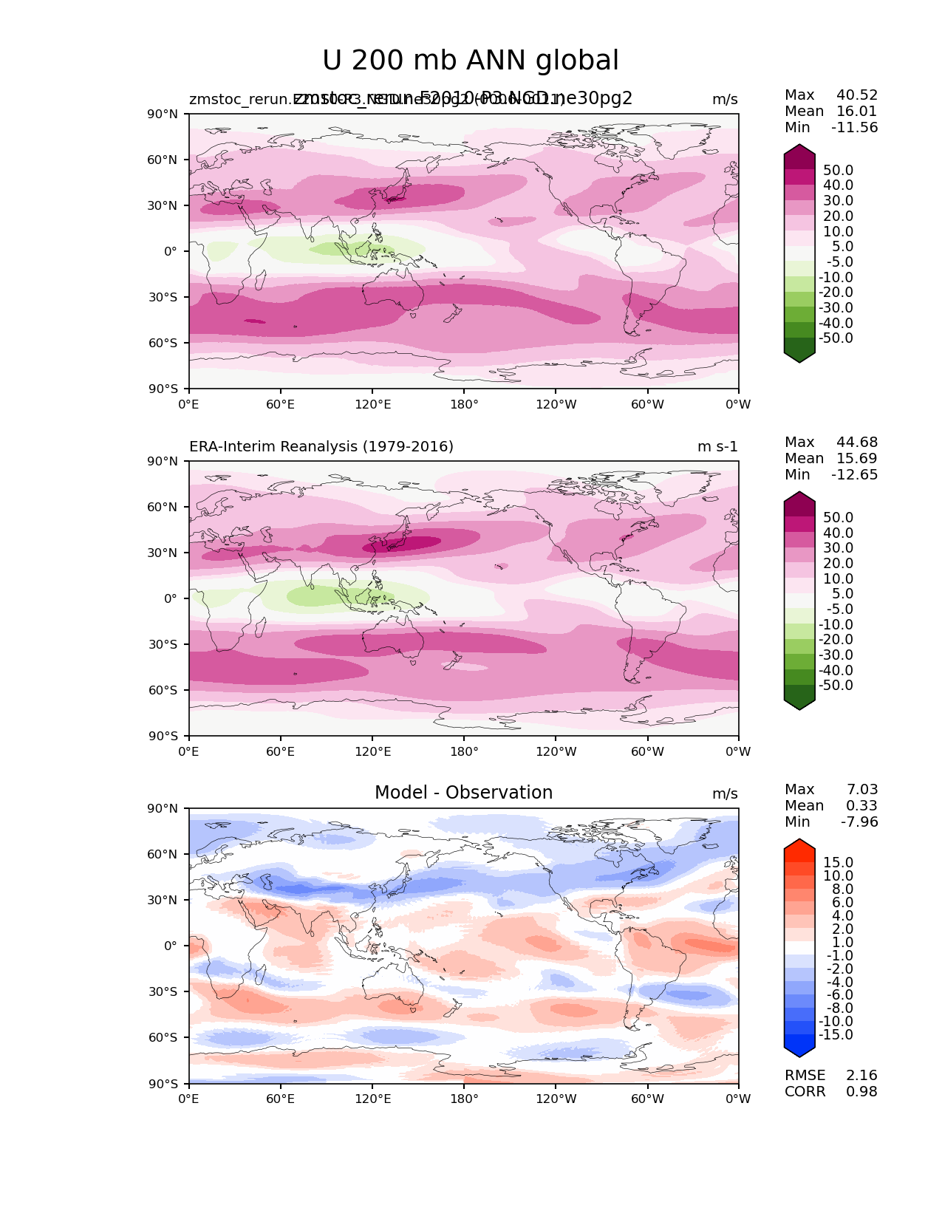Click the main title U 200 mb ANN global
[x=471, y=61]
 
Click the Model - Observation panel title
[x=463, y=793]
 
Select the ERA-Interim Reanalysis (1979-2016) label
[x=321, y=447]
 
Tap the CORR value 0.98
[x=861, y=1092]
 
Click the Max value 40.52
[x=857, y=95]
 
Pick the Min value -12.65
[x=855, y=475]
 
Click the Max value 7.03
[x=862, y=790]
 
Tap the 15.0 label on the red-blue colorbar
[x=839, y=863]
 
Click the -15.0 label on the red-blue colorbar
[x=836, y=1035]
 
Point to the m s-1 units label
[x=717, y=447]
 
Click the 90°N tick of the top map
[x=163, y=115]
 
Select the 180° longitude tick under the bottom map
[x=464, y=1099]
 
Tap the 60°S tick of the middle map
[x=163, y=691]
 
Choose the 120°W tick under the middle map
[x=556, y=752]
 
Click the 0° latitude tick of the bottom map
[x=171, y=946]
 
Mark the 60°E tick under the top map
[x=281, y=405]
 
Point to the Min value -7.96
[x=859, y=822]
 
